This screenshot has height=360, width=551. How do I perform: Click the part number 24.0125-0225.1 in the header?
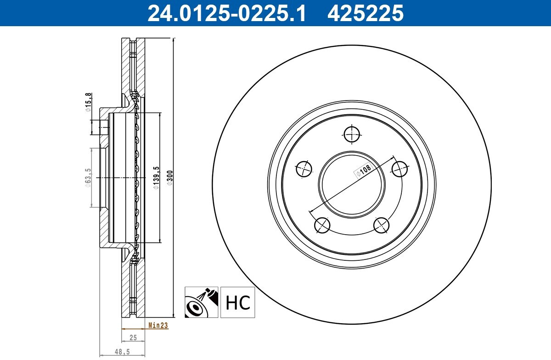(226, 13)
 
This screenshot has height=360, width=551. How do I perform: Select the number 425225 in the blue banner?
(365, 13)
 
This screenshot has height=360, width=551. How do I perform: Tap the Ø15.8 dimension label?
(89, 102)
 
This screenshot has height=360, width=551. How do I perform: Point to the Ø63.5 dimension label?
(88, 178)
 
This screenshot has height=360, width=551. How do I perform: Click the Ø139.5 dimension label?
(157, 178)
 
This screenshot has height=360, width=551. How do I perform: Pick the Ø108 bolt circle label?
(364, 170)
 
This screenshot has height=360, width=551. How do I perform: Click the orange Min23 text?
(158, 325)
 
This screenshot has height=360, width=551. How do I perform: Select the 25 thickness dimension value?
(133, 337)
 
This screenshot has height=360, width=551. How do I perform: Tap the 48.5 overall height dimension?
(122, 352)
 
